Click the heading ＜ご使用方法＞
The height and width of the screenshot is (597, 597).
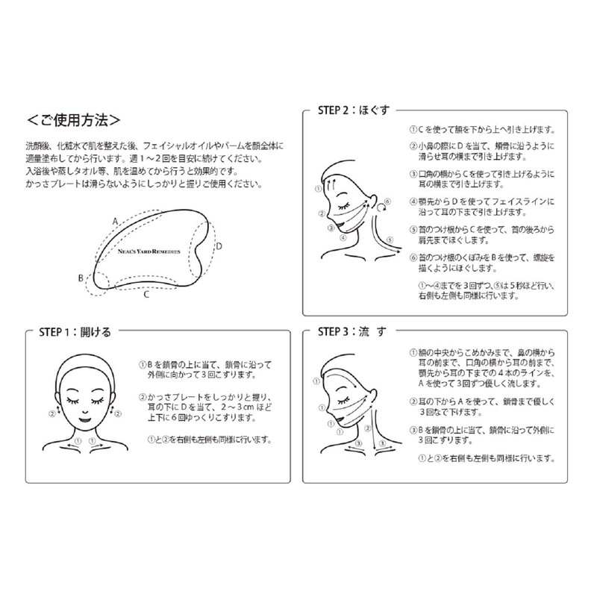click(73, 120)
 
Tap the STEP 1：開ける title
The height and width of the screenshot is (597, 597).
click(75, 332)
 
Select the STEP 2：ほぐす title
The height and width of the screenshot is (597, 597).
click(354, 110)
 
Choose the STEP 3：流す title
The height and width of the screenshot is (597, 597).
click(352, 331)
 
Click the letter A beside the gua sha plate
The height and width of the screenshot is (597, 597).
click(116, 222)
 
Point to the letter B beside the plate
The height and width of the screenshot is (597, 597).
click(81, 278)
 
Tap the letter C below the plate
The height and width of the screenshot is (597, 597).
click(146, 295)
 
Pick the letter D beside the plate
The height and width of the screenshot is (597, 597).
click(219, 246)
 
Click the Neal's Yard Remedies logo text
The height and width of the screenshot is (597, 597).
click(149, 251)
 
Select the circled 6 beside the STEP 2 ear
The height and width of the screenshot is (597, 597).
click(387, 201)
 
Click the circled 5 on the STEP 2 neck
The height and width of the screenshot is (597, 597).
click(390, 240)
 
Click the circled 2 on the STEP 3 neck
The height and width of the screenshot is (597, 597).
click(367, 428)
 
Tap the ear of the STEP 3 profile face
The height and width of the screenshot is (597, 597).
click(373, 395)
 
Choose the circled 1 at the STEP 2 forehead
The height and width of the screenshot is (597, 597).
click(319, 189)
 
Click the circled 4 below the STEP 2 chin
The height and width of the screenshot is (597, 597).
click(343, 237)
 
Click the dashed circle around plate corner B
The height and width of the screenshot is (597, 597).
click(87, 283)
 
